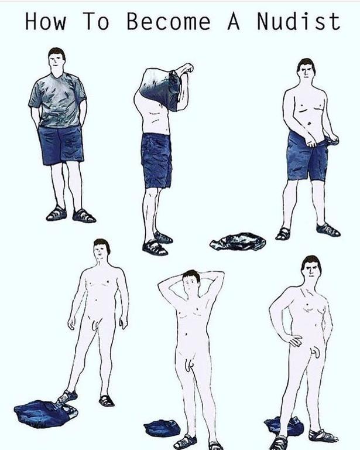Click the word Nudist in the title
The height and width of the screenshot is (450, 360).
coord(299,21)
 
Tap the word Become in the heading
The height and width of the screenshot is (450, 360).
coord(169,21)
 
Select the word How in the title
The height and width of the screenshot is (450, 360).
coord(46,21)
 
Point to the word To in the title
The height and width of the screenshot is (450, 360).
coord(97,21)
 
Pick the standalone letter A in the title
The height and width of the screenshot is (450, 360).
coord(234,21)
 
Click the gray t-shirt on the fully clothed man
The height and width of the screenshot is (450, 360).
coord(58,100)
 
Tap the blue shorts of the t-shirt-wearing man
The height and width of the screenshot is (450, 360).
coord(61,145)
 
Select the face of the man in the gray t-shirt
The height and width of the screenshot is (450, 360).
coord(56,61)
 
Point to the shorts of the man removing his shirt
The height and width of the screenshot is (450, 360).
coord(156,161)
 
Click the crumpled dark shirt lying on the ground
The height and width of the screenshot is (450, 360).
coord(238,241)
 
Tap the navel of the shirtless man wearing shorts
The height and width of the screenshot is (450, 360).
coord(309,124)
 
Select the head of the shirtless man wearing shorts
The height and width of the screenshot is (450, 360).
coord(306,70)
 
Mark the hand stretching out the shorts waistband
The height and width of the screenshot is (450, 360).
coord(333,141)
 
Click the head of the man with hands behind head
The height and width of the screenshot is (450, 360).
coord(191,281)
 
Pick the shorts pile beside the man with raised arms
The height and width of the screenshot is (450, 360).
coord(162,428)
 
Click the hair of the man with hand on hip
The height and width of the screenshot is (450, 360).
coord(311,262)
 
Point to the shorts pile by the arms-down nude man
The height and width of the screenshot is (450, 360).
coord(46,414)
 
